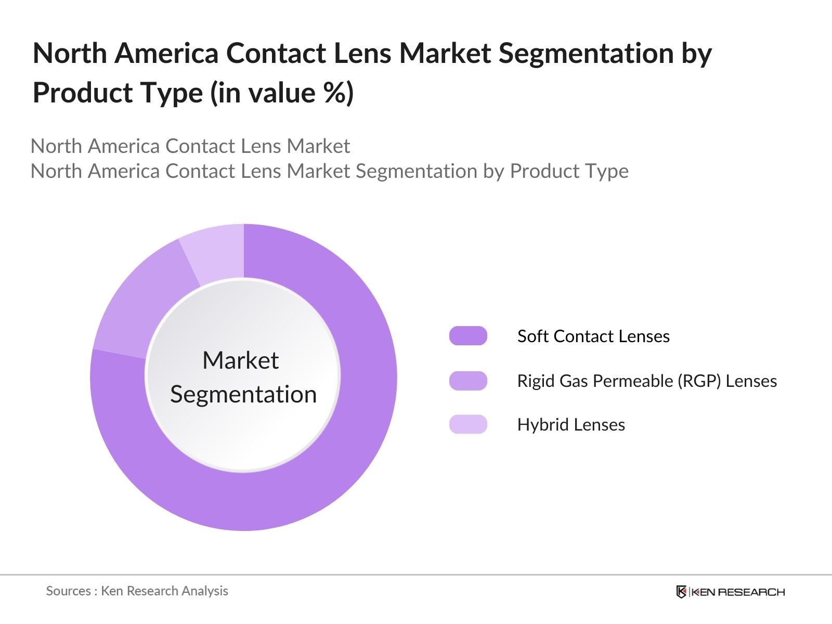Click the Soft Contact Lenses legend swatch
[468, 336]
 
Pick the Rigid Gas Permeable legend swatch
[468, 381]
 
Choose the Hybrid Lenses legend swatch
[468, 424]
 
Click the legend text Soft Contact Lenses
[593, 336]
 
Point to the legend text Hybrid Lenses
[571, 425]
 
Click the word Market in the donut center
[240, 360]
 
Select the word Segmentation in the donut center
[243, 394]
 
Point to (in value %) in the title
[281, 93]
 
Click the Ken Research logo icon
[681, 592]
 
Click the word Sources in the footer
[68, 591]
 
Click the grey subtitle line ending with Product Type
[329, 171]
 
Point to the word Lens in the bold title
[362, 54]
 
